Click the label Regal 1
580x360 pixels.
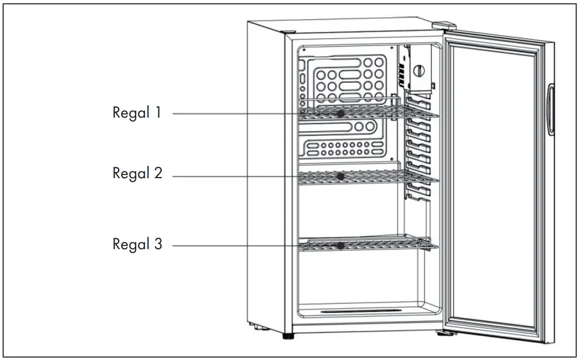(x=137, y=113)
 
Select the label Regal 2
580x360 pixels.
(x=137, y=174)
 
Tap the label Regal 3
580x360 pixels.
(x=137, y=244)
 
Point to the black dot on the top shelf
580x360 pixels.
(x=340, y=113)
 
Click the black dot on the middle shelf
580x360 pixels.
(x=340, y=177)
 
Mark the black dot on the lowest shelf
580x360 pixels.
(x=340, y=246)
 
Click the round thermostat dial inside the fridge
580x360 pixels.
(x=419, y=70)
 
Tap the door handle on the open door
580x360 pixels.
(x=552, y=109)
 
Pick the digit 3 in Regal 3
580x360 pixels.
(x=157, y=244)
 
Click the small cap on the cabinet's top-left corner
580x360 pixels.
(x=290, y=32)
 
